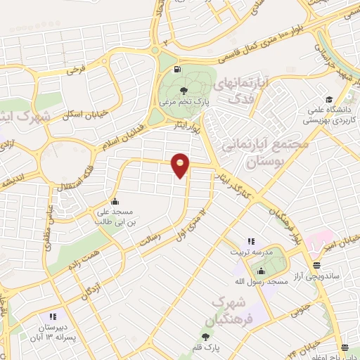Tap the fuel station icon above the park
176,70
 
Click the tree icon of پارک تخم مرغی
184,90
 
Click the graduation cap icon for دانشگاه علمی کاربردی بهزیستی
328,98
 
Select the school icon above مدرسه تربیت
250,241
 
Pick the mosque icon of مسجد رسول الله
262,271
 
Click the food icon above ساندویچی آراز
317,266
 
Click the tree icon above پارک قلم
207,337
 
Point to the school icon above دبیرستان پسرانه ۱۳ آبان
53,316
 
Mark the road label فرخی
76,70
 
